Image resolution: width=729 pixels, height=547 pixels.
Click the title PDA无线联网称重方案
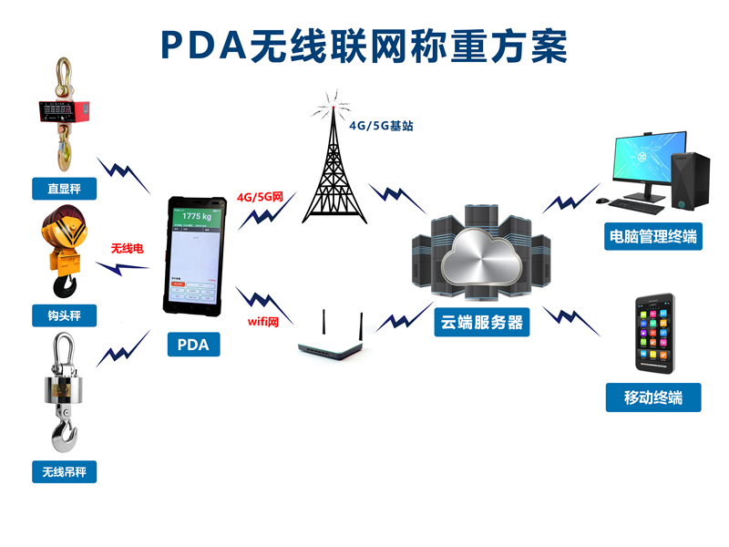[364, 46]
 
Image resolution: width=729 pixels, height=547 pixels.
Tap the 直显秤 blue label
[64, 190]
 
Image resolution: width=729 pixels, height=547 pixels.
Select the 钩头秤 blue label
[64, 315]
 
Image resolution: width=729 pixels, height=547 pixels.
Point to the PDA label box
[193, 345]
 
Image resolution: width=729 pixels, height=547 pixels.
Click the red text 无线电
[128, 248]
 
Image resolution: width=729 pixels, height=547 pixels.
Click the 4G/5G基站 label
[381, 126]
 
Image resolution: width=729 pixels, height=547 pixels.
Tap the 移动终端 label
[653, 397]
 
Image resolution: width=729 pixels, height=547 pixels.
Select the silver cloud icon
[481, 261]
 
